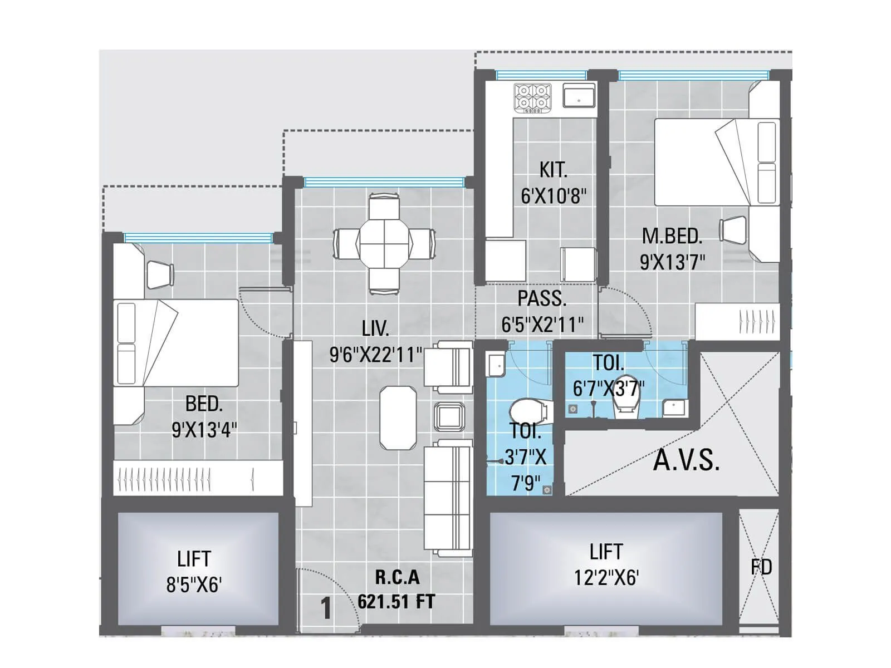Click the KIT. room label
pyautogui.click(x=553, y=169)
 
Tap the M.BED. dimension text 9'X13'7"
pyautogui.click(x=672, y=262)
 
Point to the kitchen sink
pyautogui.click(x=579, y=96)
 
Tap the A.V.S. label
pyautogui.click(x=686, y=460)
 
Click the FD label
pyautogui.click(x=761, y=567)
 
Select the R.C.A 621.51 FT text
pyautogui.click(x=396, y=590)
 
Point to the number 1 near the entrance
pyautogui.click(x=326, y=608)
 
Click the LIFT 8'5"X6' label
pyautogui.click(x=194, y=571)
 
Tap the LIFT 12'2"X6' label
pyautogui.click(x=606, y=564)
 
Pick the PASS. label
pyautogui.click(x=542, y=299)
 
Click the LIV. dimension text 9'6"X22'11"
pyautogui.click(x=376, y=355)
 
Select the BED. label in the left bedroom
pyautogui.click(x=204, y=404)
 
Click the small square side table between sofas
pyautogui.click(x=449, y=416)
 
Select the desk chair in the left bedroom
pyautogui.click(x=160, y=274)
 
